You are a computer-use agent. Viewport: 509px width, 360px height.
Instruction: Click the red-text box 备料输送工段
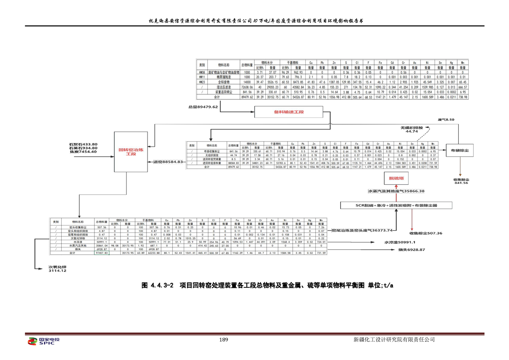288,112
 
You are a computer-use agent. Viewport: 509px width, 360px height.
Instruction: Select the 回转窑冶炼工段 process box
131,152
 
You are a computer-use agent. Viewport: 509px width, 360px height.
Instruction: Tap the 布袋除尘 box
460,149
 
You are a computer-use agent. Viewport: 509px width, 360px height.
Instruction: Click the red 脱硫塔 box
393,178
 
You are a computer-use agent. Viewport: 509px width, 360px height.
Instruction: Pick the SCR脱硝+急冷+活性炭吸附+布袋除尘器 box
396,206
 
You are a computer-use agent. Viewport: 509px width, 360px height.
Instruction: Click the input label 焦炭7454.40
83,152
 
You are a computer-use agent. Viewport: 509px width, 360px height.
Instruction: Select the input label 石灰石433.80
83,144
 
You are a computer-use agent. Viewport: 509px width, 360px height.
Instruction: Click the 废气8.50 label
445,119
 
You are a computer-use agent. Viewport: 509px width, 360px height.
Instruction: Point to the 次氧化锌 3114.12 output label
57,269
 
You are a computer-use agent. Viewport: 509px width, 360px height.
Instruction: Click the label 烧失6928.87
411,250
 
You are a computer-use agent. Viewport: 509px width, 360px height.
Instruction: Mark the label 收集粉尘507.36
426,233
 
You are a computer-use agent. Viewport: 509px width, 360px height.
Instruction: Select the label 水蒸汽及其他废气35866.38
396,191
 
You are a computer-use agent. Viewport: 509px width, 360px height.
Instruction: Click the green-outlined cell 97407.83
101,253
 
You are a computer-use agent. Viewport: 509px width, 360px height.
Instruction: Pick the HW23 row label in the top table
202,82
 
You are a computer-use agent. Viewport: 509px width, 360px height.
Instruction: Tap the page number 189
223,340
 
